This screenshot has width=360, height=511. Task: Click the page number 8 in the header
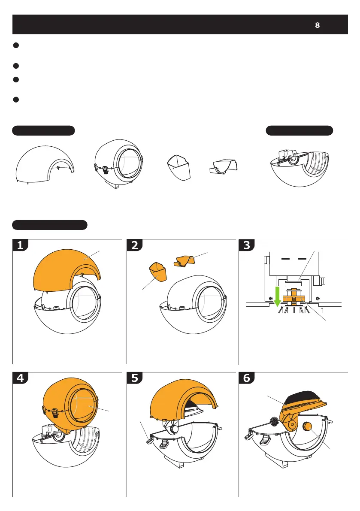point(317,25)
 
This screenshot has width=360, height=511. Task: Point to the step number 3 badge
point(247,245)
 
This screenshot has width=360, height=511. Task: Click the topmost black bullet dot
point(16,45)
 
